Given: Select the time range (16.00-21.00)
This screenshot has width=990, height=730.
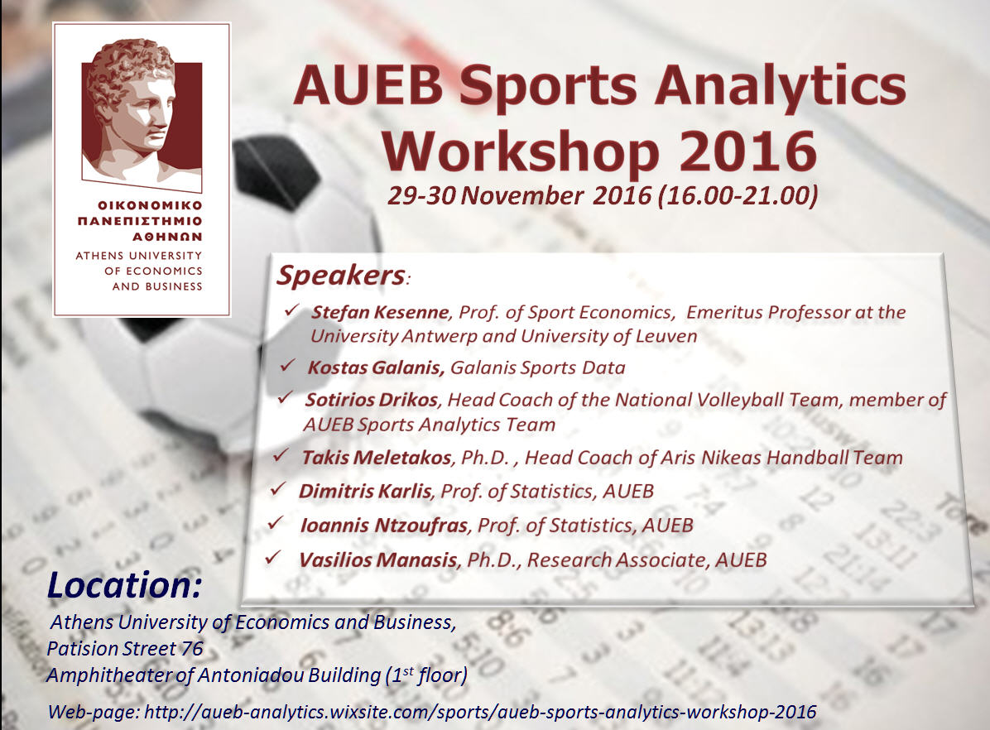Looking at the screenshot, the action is [738, 196].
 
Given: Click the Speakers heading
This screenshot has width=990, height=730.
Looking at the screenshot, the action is [342, 276].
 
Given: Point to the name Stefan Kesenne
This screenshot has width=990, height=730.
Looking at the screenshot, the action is [380, 313].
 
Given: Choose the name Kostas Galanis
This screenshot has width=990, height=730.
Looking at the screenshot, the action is [377, 367].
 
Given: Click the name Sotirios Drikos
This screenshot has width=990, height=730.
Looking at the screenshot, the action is [372, 400].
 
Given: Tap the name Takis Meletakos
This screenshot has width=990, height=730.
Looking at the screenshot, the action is [377, 457].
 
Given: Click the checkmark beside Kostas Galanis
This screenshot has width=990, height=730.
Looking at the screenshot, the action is [287, 366].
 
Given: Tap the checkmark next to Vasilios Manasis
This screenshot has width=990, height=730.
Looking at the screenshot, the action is [273, 558].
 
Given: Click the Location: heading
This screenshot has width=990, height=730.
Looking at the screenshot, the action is [124, 585].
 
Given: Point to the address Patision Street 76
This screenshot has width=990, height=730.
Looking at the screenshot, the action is [125, 649].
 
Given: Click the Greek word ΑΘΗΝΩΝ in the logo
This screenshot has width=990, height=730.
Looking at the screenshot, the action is [167, 237].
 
